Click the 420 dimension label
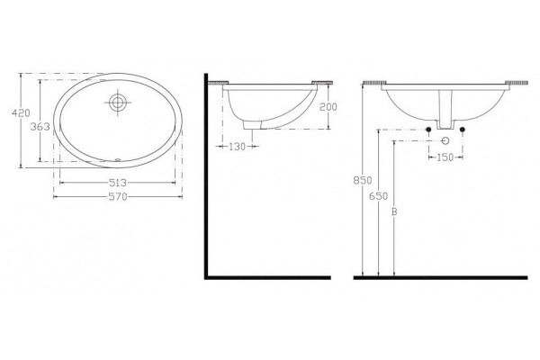[21, 112]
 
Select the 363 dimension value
[40, 127]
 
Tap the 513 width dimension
[118, 183]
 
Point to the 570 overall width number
[118, 197]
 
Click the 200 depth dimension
[328, 107]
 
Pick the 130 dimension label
[237, 147]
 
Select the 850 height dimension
[363, 180]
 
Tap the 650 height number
[378, 196]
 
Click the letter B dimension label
[394, 211]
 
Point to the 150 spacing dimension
[445, 157]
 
